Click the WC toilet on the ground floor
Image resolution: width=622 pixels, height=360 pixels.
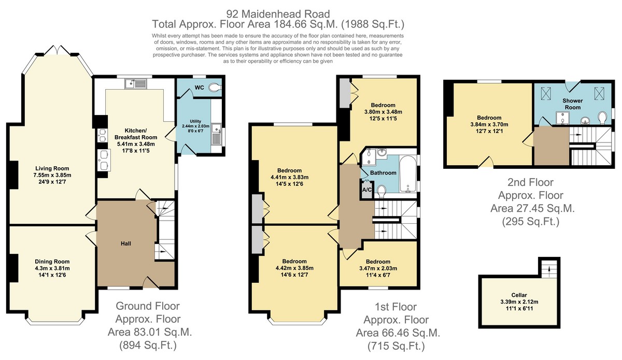[215, 88]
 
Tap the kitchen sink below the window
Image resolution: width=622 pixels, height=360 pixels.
[135, 83]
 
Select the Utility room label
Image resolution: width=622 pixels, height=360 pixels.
[195, 121]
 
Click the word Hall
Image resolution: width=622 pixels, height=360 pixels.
[126, 243]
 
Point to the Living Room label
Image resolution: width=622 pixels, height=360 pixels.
[52, 168]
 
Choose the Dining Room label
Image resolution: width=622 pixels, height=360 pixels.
[52, 262]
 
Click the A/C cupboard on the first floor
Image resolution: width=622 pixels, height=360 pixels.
[367, 190]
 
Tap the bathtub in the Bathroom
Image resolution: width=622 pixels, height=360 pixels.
[408, 174]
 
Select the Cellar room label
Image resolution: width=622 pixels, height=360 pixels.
[519, 295]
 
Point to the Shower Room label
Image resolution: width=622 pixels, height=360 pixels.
[573, 104]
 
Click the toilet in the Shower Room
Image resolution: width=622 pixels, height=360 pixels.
[602, 118]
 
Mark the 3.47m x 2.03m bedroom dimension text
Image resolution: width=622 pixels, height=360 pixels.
[378, 268]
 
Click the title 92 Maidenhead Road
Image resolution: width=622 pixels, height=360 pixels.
[278, 14]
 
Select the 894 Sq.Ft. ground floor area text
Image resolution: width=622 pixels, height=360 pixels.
[148, 345]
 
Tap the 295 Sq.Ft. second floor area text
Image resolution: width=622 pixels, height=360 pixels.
[531, 222]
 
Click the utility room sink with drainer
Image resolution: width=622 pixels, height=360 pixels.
[216, 134]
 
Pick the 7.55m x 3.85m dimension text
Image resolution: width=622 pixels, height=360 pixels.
[52, 175]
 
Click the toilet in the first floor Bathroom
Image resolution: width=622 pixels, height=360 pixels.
[381, 192]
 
